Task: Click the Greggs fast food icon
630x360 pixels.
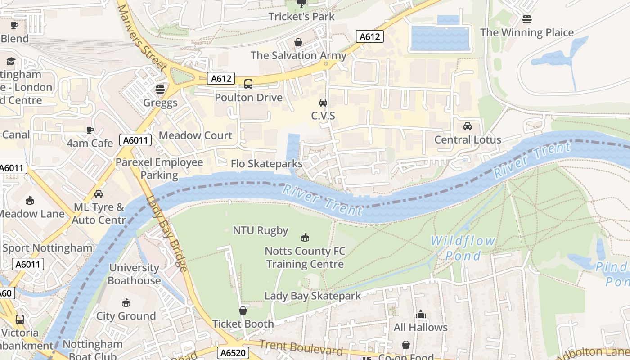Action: pyautogui.click(x=160, y=89)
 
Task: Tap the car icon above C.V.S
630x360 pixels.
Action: pyautogui.click(x=323, y=102)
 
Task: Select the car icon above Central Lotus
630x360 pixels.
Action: pyautogui.click(x=468, y=126)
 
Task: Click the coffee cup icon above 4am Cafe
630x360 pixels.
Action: pyautogui.click(x=90, y=130)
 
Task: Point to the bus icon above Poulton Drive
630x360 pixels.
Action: pyautogui.click(x=248, y=84)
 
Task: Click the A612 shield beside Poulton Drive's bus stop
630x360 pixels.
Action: pyautogui.click(x=221, y=79)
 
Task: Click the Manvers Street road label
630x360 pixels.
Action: pyautogui.click(x=142, y=36)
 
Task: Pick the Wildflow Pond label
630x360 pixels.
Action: pyautogui.click(x=463, y=248)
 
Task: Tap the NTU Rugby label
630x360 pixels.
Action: pyautogui.click(x=260, y=230)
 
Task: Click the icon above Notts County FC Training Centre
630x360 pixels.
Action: pyautogui.click(x=305, y=237)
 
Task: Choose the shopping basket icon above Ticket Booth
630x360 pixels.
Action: pyautogui.click(x=243, y=310)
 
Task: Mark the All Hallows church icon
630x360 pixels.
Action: pyautogui.click(x=421, y=314)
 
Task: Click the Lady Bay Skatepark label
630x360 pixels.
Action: pyautogui.click(x=312, y=296)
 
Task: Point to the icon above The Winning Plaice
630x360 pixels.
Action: pyautogui.click(x=527, y=19)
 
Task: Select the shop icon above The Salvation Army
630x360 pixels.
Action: pyautogui.click(x=298, y=42)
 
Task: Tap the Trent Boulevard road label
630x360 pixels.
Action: pyautogui.click(x=301, y=347)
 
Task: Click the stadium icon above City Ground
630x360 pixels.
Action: pyautogui.click(x=126, y=302)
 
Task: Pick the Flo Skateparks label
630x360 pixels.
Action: pyautogui.click(x=266, y=164)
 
